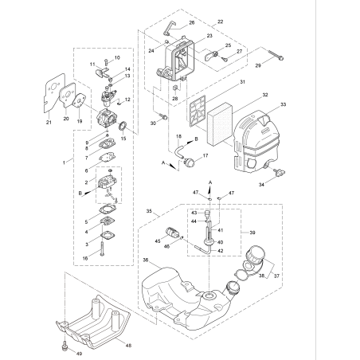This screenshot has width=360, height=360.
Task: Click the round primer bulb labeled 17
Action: (x=192, y=159)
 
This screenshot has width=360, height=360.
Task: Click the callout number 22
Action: (x=221, y=18)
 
